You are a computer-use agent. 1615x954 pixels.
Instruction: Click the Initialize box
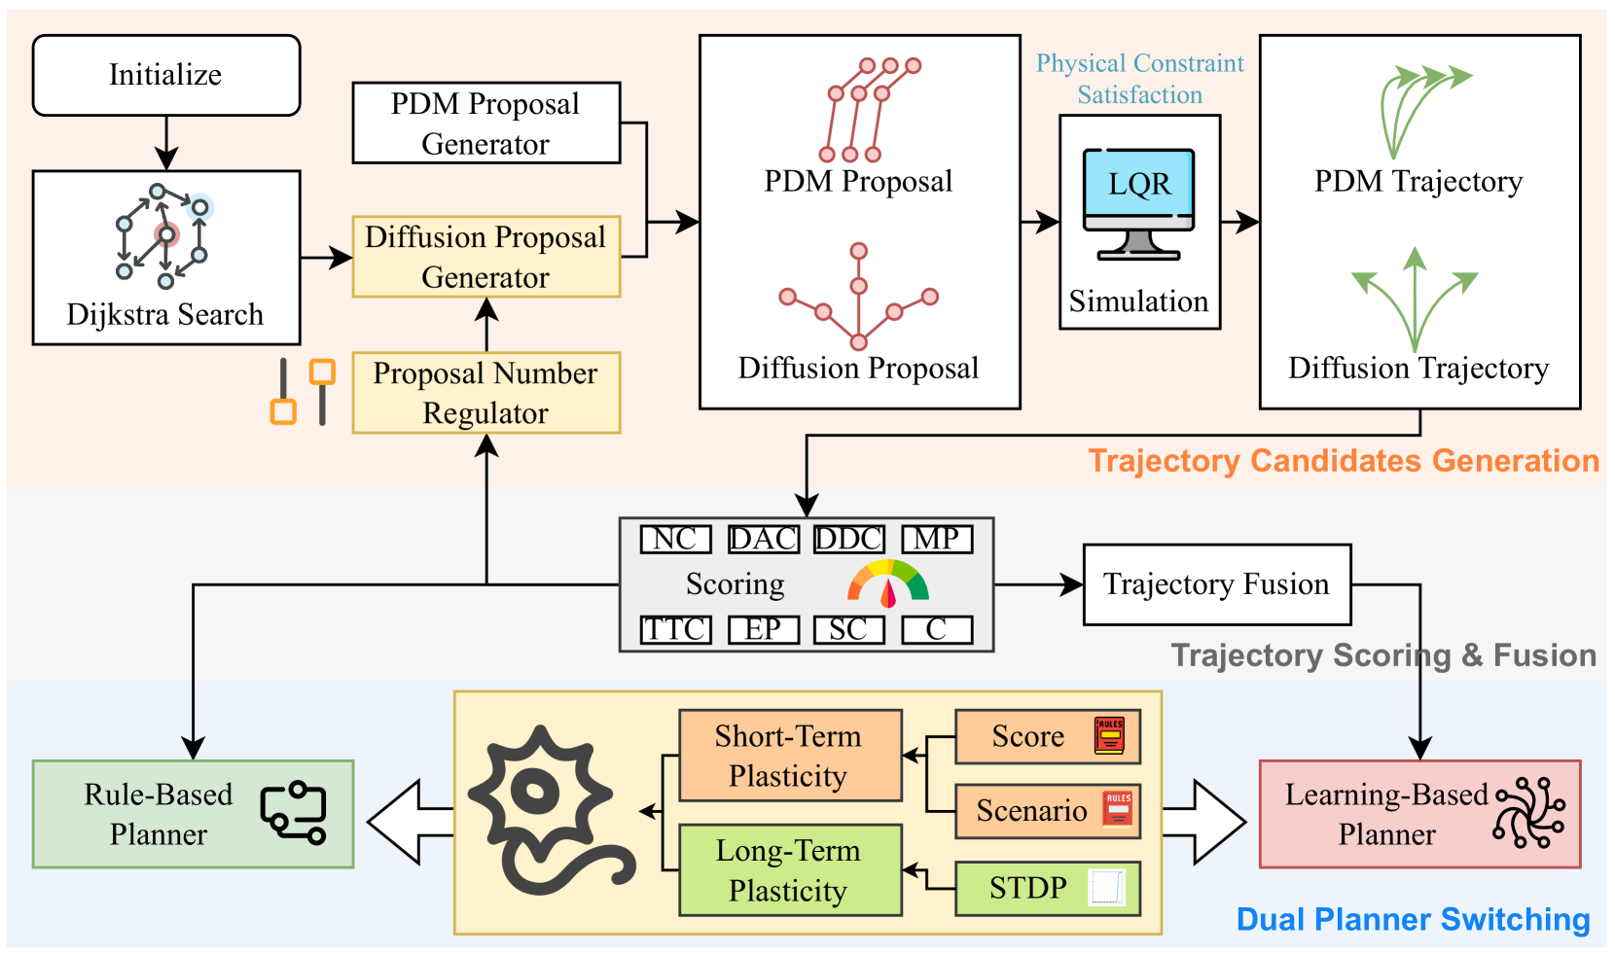(166, 75)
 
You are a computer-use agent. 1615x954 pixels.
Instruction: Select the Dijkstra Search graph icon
(163, 236)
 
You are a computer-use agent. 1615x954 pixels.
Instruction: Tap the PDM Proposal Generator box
(485, 123)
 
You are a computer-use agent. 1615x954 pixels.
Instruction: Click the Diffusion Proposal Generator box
(485, 257)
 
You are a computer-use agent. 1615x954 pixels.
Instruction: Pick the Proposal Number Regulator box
(485, 393)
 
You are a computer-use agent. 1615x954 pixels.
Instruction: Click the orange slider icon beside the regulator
(303, 392)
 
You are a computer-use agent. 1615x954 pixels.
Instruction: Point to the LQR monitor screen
(1138, 184)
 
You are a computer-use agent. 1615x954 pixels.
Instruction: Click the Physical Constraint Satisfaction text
(1139, 79)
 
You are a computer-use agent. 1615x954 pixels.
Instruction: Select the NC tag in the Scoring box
(675, 539)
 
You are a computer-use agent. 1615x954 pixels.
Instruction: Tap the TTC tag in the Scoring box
(675, 629)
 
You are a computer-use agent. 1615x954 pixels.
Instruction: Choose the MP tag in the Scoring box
(937, 539)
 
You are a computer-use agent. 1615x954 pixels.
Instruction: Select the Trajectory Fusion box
(1216, 584)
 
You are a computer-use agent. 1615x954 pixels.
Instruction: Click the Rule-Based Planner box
(193, 814)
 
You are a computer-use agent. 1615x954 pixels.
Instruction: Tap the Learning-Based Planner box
(1418, 814)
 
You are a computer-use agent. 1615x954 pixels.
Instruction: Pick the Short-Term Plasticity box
(789, 756)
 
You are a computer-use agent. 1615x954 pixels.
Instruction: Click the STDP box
(1047, 888)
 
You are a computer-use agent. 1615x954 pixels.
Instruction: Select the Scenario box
(1047, 810)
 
